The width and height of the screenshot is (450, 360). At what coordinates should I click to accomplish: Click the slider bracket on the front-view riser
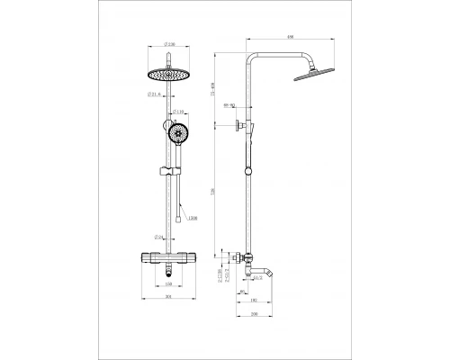pos(167,170)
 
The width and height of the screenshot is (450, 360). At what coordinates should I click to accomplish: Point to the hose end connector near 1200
pos(183,216)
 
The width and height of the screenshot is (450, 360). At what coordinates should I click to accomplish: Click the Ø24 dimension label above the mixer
pos(157,238)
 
